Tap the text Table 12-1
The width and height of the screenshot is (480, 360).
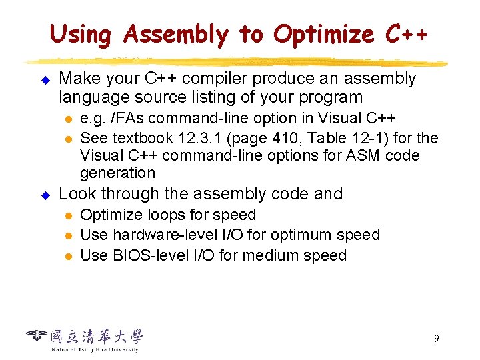coord(341,138)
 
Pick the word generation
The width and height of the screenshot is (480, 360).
coord(117,173)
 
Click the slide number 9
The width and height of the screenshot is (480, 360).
coord(436,339)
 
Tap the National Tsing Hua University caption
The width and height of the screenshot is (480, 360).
coord(95,349)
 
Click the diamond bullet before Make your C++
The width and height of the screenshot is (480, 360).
coord(46,79)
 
